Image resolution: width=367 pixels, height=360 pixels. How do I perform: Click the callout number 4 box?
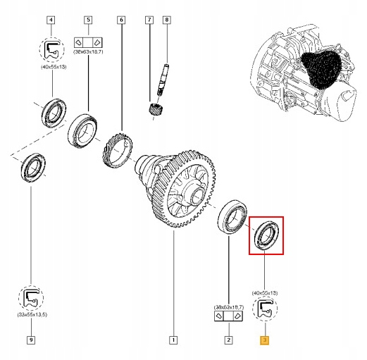[x=51, y=20]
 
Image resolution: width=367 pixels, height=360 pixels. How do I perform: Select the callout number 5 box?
[x=87, y=20]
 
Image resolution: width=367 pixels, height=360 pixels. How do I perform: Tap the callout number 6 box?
[x=121, y=20]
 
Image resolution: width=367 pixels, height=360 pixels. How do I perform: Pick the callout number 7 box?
[x=149, y=20]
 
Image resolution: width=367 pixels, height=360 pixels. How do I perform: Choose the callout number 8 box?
[x=166, y=20]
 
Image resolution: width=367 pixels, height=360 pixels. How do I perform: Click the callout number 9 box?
[x=31, y=341]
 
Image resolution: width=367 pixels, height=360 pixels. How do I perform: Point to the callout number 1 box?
[x=173, y=341]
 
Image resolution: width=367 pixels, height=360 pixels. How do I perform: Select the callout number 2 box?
[x=228, y=341]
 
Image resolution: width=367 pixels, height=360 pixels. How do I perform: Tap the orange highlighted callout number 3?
[x=264, y=341]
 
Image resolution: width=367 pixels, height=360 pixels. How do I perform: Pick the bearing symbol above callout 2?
[x=228, y=317]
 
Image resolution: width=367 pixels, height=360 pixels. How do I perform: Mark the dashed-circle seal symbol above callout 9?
[x=31, y=297]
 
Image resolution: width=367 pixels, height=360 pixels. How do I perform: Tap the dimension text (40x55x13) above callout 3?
[x=264, y=292]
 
